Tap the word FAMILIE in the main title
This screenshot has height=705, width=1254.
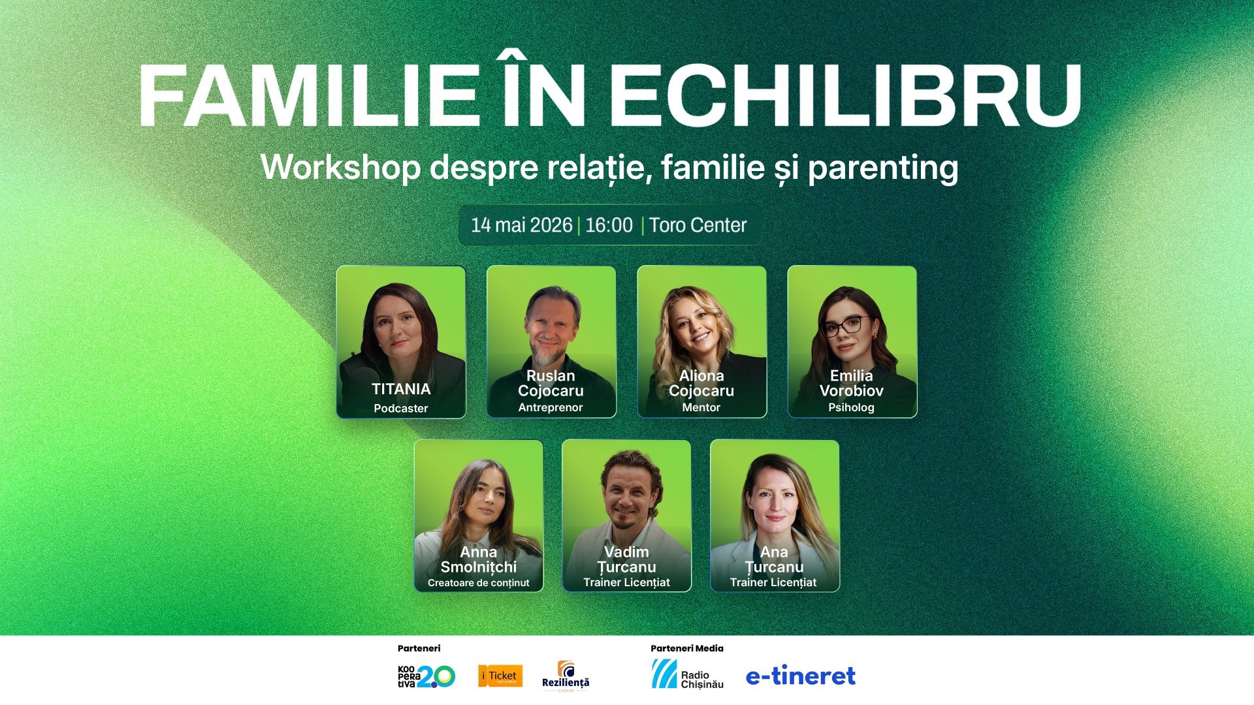tap(307, 95)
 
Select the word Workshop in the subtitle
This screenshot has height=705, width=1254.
tap(340, 168)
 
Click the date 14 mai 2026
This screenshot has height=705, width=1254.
tap(521, 225)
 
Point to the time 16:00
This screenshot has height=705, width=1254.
tap(609, 225)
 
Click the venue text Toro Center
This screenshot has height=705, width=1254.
tap(698, 225)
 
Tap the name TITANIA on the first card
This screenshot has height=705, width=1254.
tap(401, 389)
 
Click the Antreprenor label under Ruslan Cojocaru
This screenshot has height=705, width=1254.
tap(551, 407)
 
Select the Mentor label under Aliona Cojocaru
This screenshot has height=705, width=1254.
tap(701, 407)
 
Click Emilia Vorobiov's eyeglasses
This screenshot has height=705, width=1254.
tap(846, 326)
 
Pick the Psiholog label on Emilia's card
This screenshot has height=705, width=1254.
tap(851, 407)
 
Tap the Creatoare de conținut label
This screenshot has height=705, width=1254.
tap(478, 583)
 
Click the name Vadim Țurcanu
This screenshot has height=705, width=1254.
tap(626, 559)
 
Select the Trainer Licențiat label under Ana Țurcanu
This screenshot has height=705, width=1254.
tap(773, 582)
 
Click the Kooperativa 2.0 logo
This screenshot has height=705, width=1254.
tap(426, 676)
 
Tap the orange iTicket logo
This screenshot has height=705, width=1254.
tap(500, 676)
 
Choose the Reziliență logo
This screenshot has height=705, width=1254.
tap(566, 676)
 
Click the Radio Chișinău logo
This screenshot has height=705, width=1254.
tap(687, 675)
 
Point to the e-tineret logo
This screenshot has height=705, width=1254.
tap(800, 676)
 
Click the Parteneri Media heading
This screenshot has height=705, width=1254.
tap(686, 648)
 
